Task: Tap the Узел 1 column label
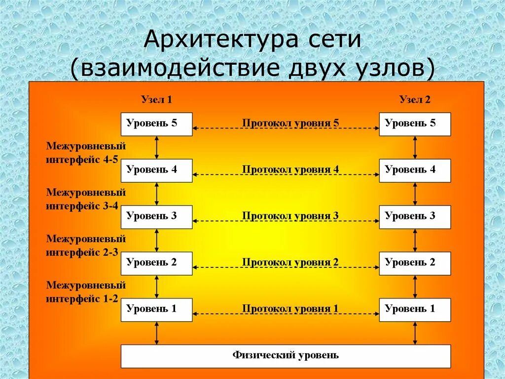pyautogui.click(x=156, y=100)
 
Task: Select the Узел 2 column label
pyautogui.click(x=415, y=100)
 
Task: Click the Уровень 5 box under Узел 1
pyautogui.click(x=156, y=124)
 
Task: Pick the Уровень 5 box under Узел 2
pyautogui.click(x=415, y=124)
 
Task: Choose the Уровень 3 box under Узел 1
pyautogui.click(x=156, y=216)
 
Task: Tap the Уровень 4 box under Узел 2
pyautogui.click(x=415, y=170)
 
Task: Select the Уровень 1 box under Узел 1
pyautogui.click(x=156, y=309)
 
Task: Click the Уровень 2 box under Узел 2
pyautogui.click(x=415, y=263)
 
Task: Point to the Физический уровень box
pyautogui.click(x=286, y=356)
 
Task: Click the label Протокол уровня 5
pyautogui.click(x=290, y=123)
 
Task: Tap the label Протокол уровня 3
pyautogui.click(x=290, y=215)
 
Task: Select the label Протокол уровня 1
pyautogui.click(x=290, y=308)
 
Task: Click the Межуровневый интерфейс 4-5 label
pyautogui.click(x=86, y=153)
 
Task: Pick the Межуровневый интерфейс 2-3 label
pyautogui.click(x=86, y=246)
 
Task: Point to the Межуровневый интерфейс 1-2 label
pyautogui.click(x=86, y=292)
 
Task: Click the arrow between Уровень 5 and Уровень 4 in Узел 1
pyautogui.click(x=156, y=147)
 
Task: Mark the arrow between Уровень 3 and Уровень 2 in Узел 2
pyautogui.click(x=415, y=240)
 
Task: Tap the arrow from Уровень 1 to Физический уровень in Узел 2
pyautogui.click(x=415, y=333)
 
